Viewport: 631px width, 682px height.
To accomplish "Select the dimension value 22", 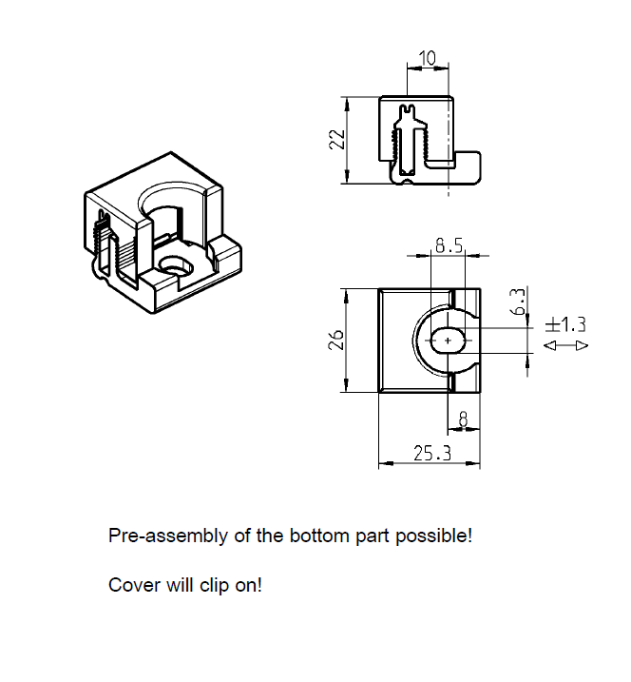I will coord(335,140).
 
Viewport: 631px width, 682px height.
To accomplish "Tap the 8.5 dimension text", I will coord(449,246).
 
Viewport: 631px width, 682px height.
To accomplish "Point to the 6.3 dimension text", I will coord(516,302).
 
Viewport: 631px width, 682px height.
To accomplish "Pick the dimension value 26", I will coord(335,340).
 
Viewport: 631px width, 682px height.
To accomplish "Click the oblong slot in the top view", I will coord(448,340).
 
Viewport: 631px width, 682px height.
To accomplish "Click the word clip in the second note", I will coord(214,585).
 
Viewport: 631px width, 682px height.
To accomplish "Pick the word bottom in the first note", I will coord(316,536).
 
